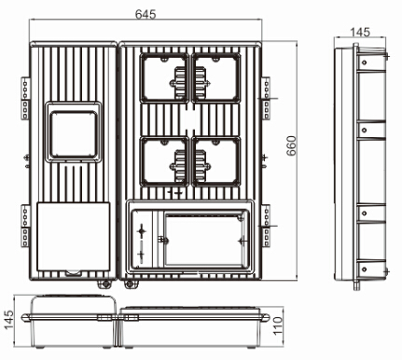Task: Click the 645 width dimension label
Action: [146, 14]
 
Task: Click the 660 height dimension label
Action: [291, 145]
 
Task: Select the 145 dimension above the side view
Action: [360, 32]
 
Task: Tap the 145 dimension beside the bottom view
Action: [9, 320]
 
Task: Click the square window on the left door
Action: [74, 134]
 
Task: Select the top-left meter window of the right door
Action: [164, 77]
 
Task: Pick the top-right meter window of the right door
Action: [216, 77]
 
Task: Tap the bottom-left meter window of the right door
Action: [164, 161]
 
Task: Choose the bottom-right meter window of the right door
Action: [216, 161]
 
